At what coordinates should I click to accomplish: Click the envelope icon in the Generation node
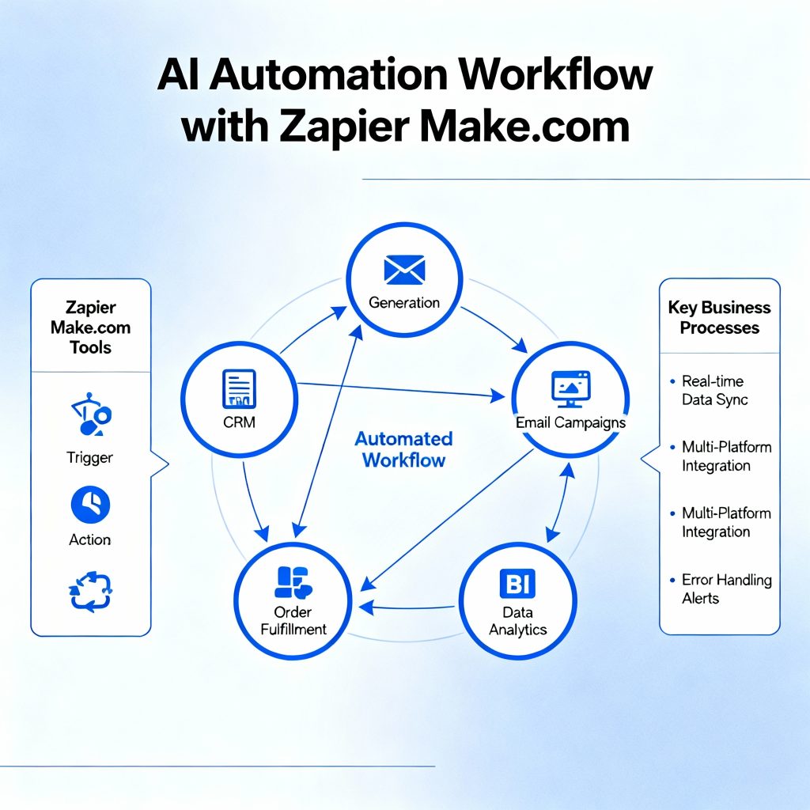(404, 270)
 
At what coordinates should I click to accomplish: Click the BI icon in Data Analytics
(518, 585)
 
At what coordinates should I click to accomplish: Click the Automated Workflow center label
(403, 449)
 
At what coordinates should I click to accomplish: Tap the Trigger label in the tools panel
(90, 457)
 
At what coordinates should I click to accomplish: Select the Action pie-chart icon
(90, 504)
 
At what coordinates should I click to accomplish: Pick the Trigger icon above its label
(92, 415)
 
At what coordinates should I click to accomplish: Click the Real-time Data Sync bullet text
(715, 391)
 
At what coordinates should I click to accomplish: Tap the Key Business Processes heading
(719, 317)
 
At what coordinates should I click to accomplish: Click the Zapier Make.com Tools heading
(90, 327)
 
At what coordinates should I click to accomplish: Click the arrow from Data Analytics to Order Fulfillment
(407, 607)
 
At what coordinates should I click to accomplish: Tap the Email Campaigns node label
(570, 422)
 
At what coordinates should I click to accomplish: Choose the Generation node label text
(404, 302)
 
